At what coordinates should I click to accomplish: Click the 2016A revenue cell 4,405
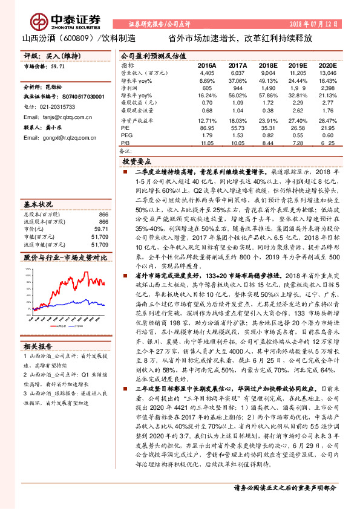pos(206,73)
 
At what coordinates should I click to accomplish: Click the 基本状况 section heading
pos(38,204)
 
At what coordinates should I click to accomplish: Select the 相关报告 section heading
pos(38,346)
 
